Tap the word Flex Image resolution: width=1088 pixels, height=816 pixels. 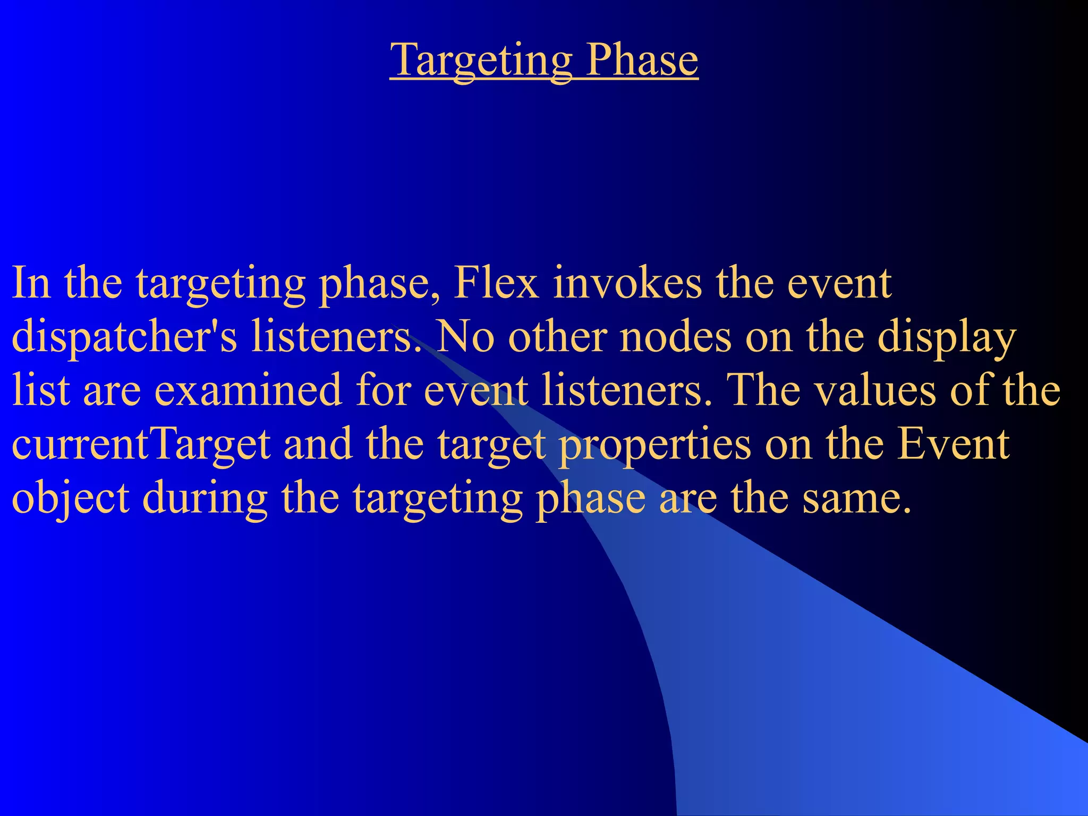[496, 283]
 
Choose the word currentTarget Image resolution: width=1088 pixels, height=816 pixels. [141, 445]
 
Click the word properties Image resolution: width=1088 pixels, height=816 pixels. [654, 445]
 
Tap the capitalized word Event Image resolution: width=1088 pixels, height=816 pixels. [953, 445]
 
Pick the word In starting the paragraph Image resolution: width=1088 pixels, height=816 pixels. [31, 283]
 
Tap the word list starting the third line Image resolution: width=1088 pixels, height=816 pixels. [41, 390]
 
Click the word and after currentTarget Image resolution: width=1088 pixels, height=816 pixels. [318, 445]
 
